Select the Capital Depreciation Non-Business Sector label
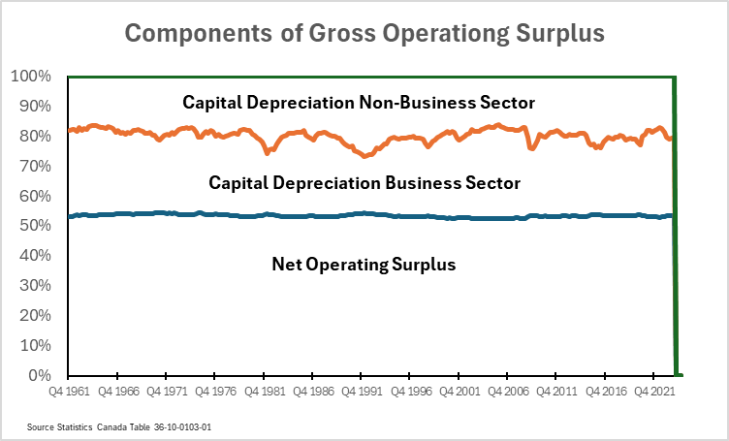[x=360, y=102]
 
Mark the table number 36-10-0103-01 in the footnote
[x=192, y=425]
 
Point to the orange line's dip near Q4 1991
[x=365, y=155]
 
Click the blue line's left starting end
[x=70, y=216]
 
